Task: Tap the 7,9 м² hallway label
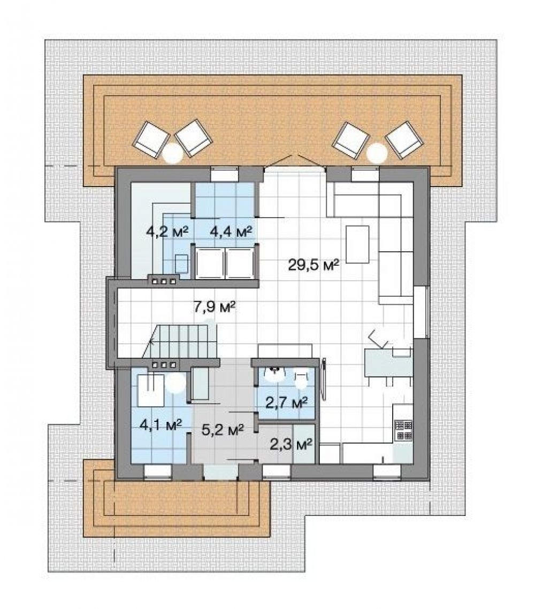215,307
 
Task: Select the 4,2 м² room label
167,232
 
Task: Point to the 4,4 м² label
231,232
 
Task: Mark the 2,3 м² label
292,444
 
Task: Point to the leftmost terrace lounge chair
151,139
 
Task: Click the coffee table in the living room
357,244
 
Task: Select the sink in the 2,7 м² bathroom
275,374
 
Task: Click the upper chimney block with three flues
163,280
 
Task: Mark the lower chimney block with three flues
163,364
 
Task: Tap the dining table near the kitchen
388,363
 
